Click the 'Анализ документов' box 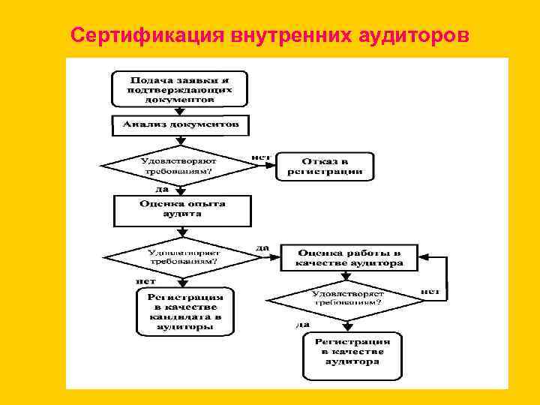181,125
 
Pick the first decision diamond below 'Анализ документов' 178,166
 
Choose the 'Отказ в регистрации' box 325,166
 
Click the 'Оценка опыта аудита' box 181,208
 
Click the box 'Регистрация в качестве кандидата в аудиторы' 185,312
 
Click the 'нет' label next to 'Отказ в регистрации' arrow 259,157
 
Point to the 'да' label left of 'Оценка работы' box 262,247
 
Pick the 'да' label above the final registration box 302,324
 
